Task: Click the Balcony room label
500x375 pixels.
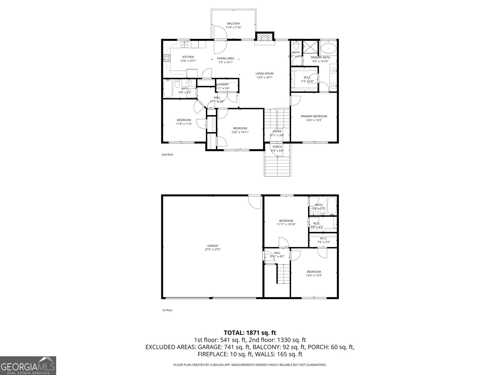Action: coord(233,24)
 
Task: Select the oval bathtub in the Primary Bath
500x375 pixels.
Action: coord(328,49)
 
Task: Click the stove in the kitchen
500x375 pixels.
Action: coord(167,58)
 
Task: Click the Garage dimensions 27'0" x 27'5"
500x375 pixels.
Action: coord(212,249)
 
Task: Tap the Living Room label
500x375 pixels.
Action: coord(264,74)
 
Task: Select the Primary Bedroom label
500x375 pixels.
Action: coord(314,116)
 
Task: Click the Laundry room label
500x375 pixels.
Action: coord(222,84)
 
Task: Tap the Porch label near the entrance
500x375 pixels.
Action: coord(277,147)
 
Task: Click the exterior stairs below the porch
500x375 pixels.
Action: coord(277,166)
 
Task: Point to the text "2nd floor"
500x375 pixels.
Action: coord(167,154)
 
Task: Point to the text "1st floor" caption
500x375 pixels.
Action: coord(167,310)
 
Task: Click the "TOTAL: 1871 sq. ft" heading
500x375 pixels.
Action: coord(250,333)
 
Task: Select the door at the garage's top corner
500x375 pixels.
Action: coord(254,202)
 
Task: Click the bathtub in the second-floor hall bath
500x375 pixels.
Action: coord(168,88)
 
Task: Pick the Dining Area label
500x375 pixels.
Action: coord(226,58)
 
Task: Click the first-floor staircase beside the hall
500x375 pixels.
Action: coord(284,273)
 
